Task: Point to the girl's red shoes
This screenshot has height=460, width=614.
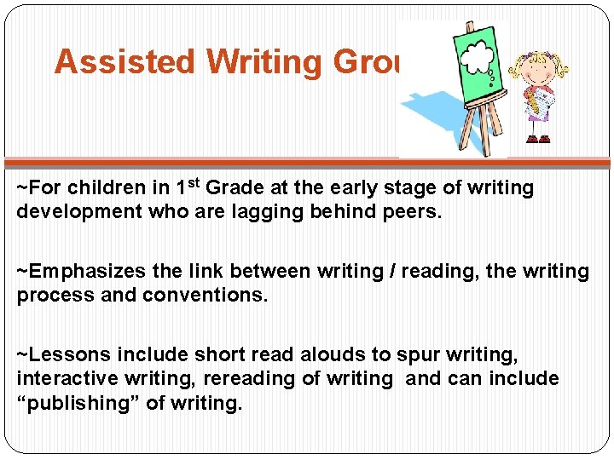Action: click(538, 138)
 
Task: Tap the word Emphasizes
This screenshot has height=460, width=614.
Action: click(90, 272)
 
